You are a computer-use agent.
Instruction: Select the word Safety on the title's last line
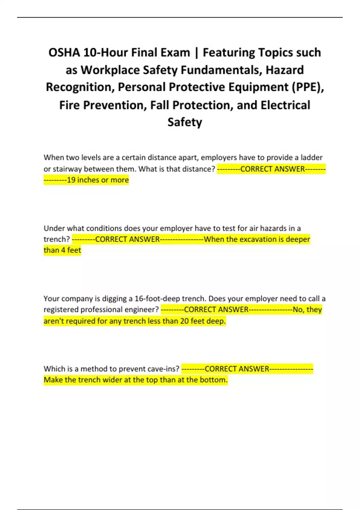[185, 122]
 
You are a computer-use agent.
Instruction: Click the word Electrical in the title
[285, 105]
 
